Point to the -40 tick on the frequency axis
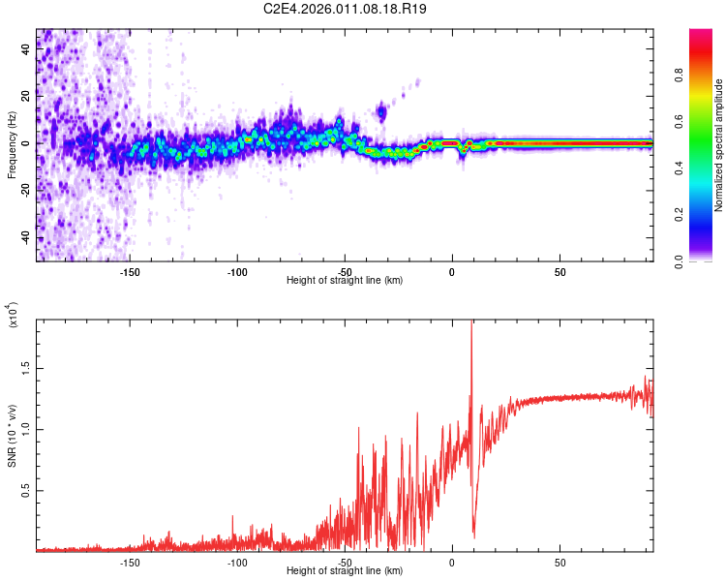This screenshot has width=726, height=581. pos(26,237)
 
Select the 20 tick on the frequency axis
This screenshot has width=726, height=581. pos(26,96)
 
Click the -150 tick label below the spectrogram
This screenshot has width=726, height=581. pos(130,272)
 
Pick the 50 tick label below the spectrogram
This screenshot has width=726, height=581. pos(560,272)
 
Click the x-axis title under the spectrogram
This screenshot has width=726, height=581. pos(345,281)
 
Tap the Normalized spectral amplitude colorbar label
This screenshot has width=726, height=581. pos(718,145)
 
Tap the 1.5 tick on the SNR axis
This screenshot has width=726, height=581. pos(26,368)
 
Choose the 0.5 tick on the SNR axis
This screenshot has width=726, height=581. pos(26,491)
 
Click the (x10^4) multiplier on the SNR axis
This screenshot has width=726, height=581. pos(14,316)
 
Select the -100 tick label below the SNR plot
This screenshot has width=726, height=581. pos(237,562)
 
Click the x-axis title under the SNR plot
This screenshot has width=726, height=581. pos(345,571)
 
